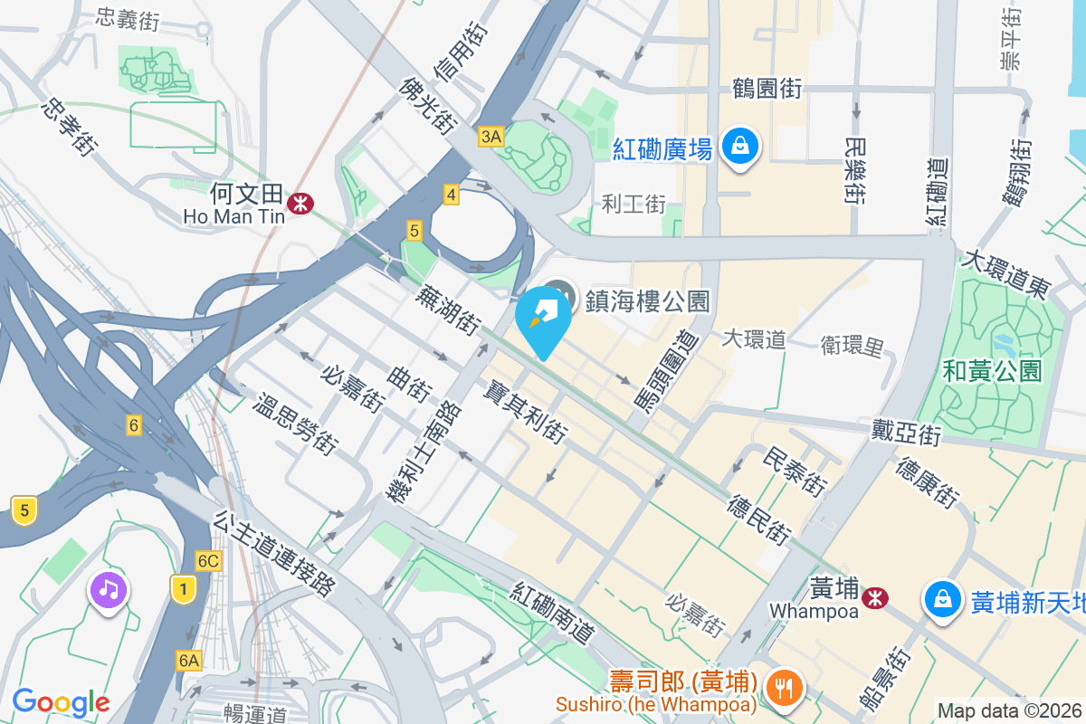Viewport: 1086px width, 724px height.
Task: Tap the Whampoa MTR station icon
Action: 875,597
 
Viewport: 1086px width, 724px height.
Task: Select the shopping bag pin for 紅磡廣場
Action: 740,145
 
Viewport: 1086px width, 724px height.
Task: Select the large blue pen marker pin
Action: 543,317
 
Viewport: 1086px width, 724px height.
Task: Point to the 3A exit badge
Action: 491,137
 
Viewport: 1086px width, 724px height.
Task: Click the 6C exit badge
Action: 209,561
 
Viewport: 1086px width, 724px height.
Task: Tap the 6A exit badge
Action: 188,661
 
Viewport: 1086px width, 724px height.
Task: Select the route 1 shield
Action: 184,591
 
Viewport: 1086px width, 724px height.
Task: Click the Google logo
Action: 61,701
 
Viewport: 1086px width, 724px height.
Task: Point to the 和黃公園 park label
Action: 992,370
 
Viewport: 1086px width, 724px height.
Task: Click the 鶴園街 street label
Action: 767,88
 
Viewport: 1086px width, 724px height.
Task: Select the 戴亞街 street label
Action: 906,432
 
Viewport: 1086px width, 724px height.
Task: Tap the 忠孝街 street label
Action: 69,127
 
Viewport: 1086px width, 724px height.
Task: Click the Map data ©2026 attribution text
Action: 1010,711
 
